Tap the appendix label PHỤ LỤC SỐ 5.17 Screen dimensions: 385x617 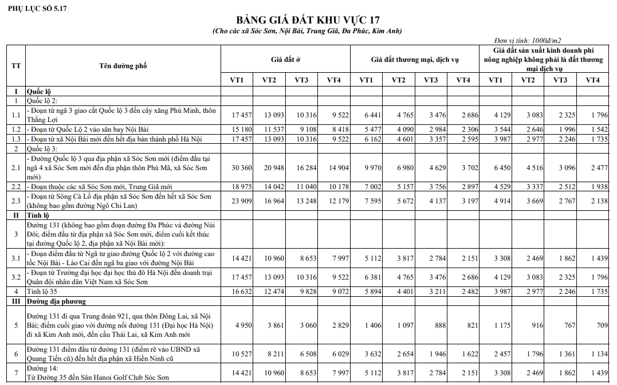click(37, 9)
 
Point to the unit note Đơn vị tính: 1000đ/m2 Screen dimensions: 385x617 click(527, 41)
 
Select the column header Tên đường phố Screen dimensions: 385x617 click(123, 66)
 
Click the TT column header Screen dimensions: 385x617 click(16, 66)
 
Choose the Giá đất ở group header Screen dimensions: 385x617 click(286, 59)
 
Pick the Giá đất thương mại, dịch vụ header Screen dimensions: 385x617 click(415, 59)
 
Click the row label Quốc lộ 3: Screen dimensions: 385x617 click(44, 148)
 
